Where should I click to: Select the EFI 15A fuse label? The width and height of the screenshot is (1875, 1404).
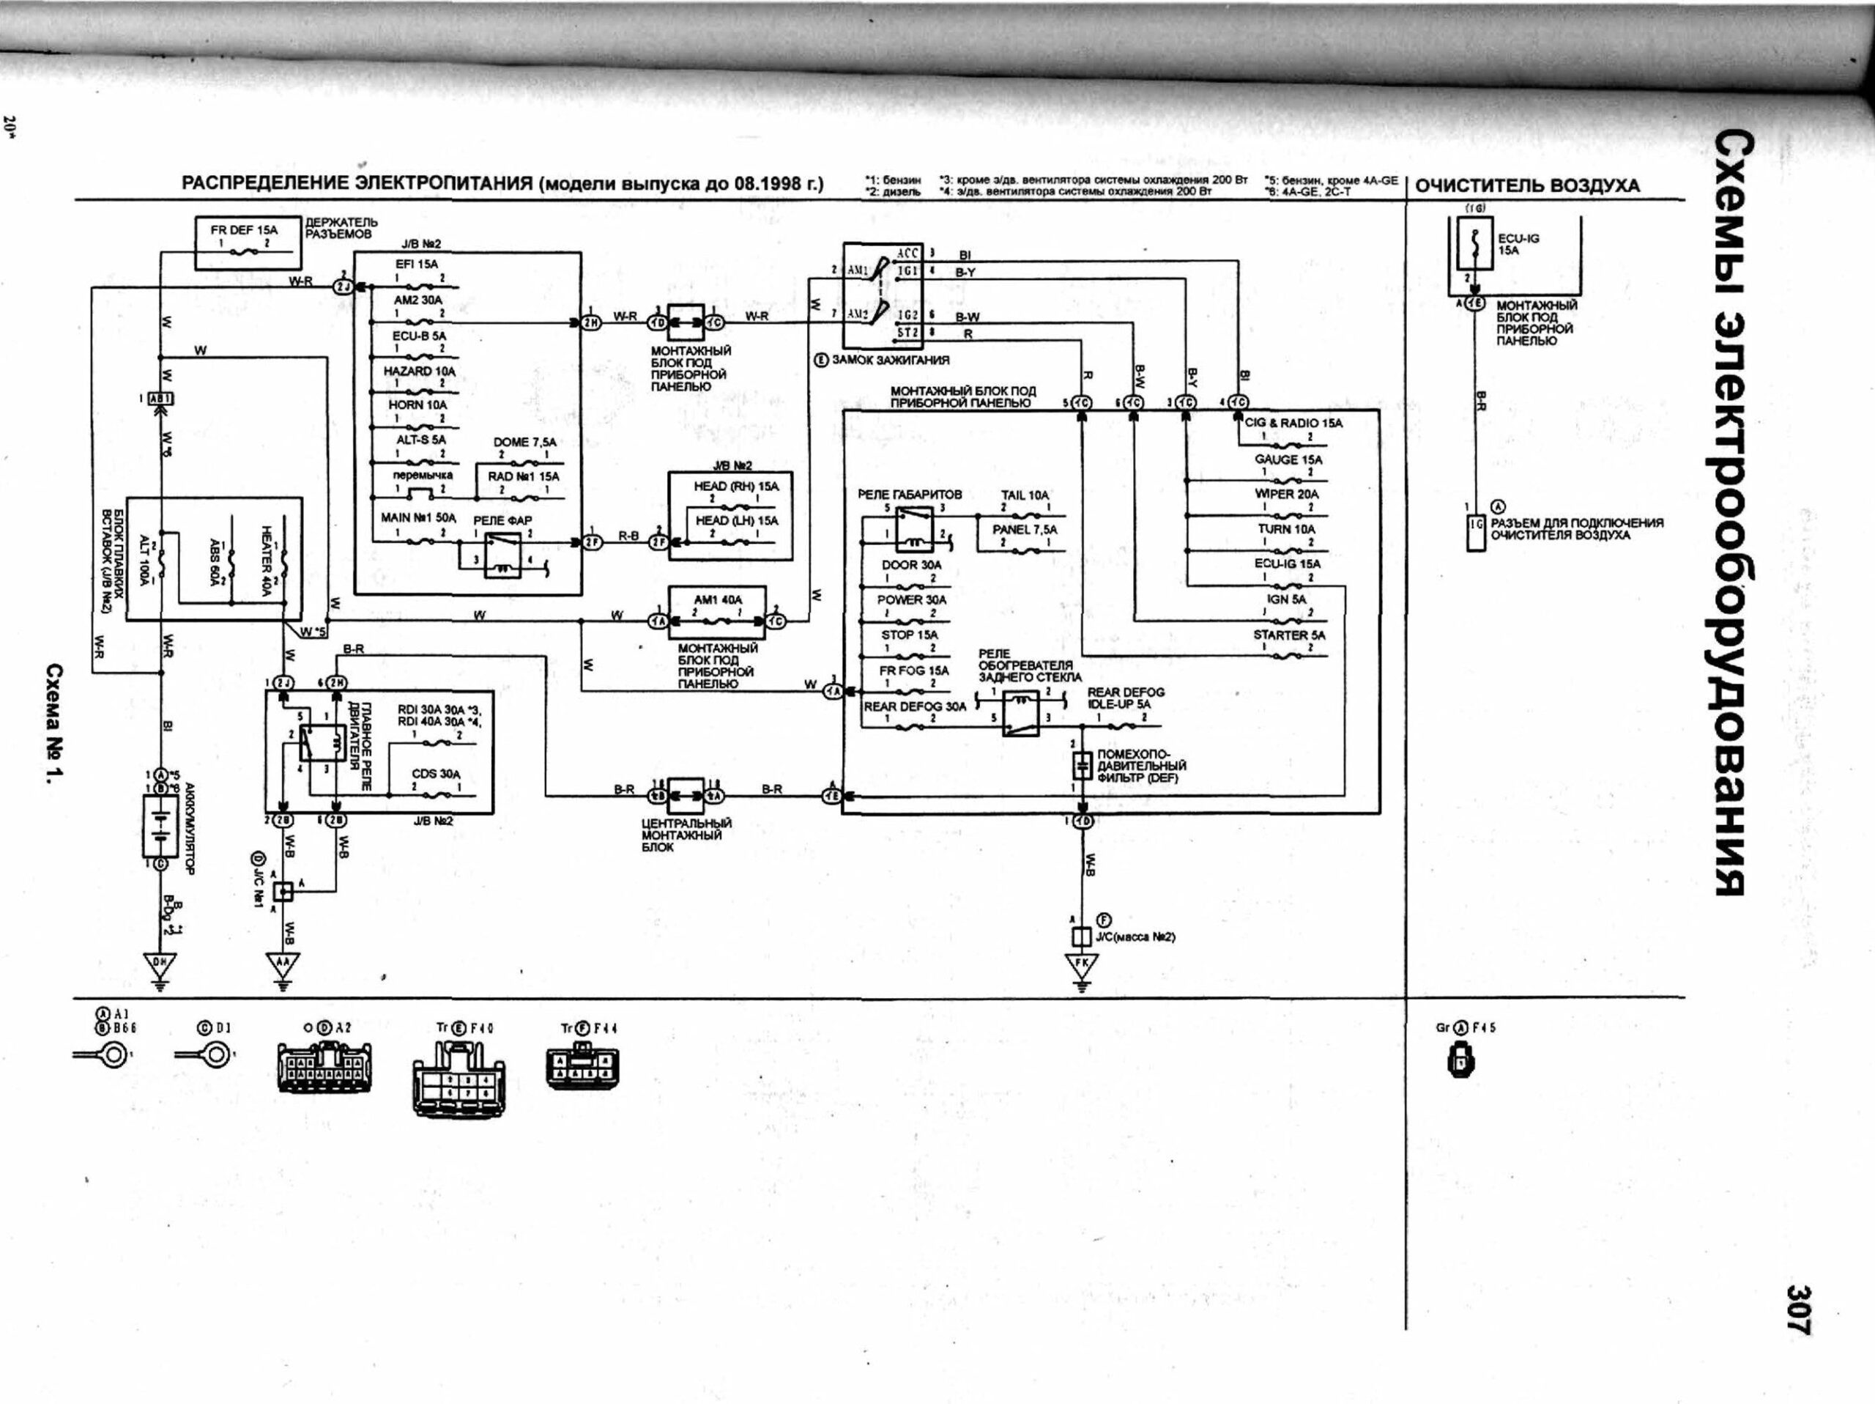click(416, 265)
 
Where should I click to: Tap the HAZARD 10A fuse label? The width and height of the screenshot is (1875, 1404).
click(420, 372)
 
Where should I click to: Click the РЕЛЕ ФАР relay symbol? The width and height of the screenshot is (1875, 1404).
click(503, 556)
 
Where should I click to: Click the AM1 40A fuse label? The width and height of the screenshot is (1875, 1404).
click(717, 599)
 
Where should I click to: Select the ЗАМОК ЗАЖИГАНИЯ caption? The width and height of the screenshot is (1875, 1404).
click(889, 360)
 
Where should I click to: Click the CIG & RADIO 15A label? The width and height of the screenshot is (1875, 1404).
click(1293, 422)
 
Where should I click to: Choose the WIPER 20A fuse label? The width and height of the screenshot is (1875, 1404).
click(1287, 493)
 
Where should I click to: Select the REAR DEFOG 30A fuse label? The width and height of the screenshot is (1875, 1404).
click(915, 706)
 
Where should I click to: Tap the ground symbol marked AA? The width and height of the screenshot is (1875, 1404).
click(283, 964)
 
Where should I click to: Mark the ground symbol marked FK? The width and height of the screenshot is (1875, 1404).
click(1082, 965)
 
